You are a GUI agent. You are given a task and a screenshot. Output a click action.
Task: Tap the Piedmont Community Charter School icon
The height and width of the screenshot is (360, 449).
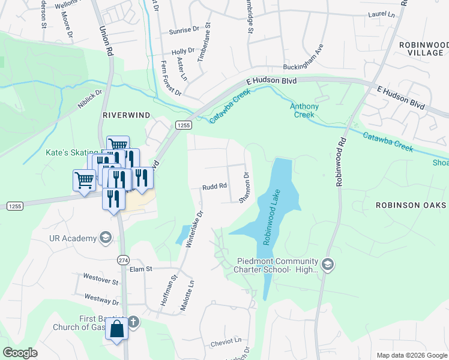(328, 265)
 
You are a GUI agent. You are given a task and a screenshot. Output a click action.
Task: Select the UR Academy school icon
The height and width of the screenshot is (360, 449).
(106, 238)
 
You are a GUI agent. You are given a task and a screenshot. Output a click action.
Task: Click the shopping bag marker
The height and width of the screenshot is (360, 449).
(116, 329)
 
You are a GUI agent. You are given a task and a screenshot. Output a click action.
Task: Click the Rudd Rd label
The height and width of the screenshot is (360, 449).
(214, 186)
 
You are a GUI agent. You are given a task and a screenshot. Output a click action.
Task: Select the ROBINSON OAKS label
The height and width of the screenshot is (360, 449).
(411, 205)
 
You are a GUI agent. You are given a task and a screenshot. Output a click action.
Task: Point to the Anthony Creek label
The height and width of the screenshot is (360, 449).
(304, 110)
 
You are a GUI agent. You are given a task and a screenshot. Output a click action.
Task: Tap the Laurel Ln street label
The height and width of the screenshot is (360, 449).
(382, 14)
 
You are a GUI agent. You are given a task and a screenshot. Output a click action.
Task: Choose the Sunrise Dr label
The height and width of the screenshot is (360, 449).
(184, 29)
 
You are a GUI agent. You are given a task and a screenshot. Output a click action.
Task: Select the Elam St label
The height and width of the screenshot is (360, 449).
(142, 269)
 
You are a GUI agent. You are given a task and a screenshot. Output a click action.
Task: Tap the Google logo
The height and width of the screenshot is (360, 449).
(20, 353)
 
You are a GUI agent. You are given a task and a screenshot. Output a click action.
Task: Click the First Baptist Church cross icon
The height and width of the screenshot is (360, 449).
(133, 322)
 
